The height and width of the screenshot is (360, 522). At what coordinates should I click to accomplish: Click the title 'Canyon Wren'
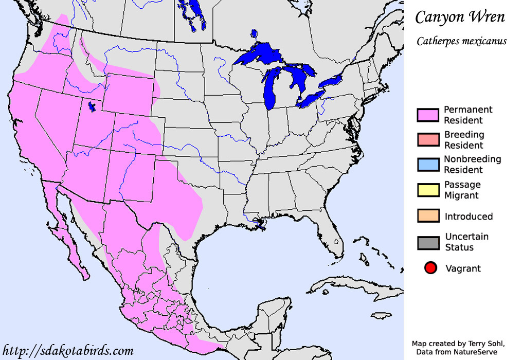point(460,17)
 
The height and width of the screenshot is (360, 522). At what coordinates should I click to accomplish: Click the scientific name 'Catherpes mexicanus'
point(461,41)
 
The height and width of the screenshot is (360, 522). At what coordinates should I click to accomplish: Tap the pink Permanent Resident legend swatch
point(428,115)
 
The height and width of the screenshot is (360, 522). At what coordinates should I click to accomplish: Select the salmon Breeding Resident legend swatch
point(428,140)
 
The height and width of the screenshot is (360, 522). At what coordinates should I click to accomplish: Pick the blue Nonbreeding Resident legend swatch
point(428,165)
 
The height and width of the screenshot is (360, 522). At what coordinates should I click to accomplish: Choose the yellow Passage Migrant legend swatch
point(428,190)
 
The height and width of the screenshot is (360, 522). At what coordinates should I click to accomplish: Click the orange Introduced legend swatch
point(428,216)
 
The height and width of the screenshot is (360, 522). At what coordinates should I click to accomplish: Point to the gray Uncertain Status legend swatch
point(428,242)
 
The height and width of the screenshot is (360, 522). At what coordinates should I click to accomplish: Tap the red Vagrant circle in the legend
point(431,268)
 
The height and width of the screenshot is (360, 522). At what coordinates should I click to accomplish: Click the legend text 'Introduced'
point(469,217)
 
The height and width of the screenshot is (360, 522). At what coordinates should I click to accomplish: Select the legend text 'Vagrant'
point(463,268)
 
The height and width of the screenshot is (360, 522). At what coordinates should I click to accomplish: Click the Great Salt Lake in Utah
point(93,107)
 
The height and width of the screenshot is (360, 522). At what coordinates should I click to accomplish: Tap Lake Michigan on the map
point(271,87)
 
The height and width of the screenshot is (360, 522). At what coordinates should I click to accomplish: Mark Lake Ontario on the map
point(331,81)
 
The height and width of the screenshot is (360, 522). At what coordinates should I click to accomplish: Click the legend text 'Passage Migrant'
point(462,190)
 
